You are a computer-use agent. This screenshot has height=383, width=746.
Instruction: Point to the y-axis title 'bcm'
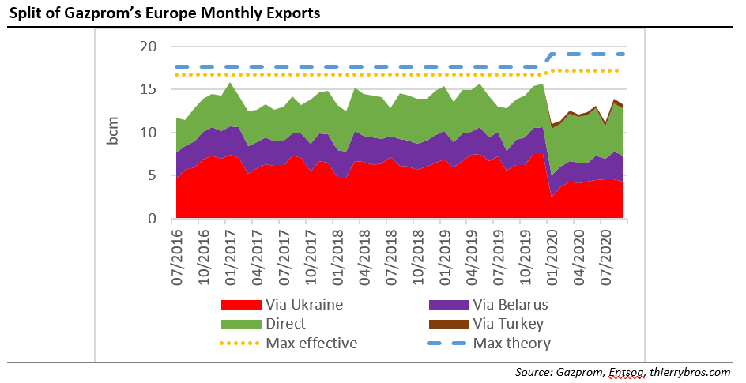(113, 131)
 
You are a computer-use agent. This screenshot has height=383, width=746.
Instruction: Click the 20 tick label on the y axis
(148, 47)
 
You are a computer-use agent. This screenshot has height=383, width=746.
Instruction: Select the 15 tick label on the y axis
(148, 90)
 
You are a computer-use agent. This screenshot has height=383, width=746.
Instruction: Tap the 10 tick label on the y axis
(148, 133)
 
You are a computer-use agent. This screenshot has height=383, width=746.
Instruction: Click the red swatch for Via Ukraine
(241, 303)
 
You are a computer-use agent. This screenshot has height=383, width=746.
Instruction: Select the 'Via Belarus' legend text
(510, 303)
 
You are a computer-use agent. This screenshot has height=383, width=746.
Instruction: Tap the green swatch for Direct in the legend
(241, 323)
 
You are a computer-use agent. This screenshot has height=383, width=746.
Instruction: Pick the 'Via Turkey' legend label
(508, 323)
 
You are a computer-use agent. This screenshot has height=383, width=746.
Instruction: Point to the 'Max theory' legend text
(511, 343)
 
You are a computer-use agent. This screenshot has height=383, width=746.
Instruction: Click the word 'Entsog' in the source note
(626, 371)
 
